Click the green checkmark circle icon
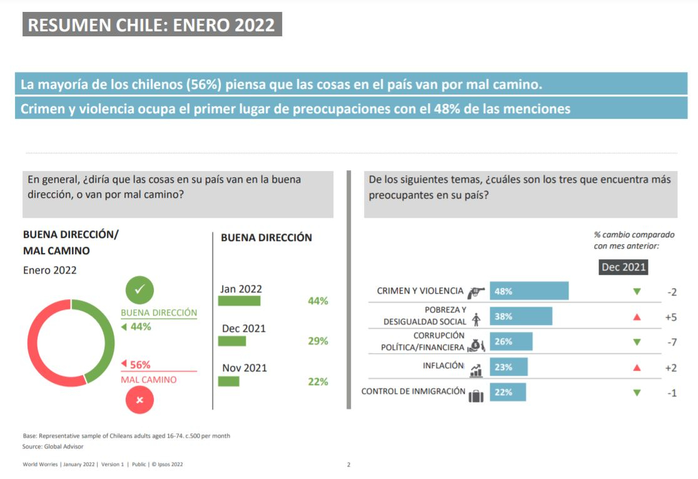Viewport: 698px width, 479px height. [x=139, y=289]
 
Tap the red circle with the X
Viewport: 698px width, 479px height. [x=139, y=399]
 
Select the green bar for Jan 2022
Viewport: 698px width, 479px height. [x=239, y=301]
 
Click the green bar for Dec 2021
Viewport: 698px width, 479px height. [x=232, y=341]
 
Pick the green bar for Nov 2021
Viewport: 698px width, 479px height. [x=228, y=381]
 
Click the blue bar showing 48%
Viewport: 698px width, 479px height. [x=529, y=291]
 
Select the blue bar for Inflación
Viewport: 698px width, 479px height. [x=508, y=367]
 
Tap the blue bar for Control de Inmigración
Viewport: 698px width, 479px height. [x=507, y=392]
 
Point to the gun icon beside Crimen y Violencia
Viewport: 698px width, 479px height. [x=476, y=291]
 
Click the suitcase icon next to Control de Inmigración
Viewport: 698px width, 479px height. [x=476, y=395]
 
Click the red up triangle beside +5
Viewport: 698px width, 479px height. [x=637, y=317]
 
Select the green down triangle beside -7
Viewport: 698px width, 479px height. [x=637, y=342]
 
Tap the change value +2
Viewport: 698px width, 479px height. [x=670, y=368]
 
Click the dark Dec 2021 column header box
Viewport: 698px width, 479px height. [x=623, y=267]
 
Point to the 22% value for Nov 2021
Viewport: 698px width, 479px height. [x=318, y=381]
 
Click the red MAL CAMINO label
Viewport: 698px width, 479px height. [x=148, y=379]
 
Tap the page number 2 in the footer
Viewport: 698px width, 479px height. [x=348, y=465]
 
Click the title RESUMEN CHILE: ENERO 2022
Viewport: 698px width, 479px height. [x=152, y=25]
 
